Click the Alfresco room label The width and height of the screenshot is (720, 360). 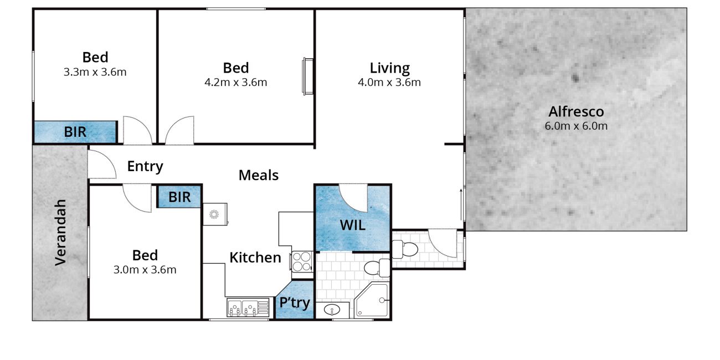point(576,112)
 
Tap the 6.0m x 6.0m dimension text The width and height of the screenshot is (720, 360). point(576,126)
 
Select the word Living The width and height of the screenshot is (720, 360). point(389,68)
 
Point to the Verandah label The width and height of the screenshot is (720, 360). point(60,233)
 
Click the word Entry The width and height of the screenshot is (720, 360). point(145,167)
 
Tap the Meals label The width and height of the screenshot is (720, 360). point(259,175)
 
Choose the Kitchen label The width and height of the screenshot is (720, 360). point(255,258)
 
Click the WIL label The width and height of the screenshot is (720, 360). point(353,225)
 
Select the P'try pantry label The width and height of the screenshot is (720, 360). point(295,302)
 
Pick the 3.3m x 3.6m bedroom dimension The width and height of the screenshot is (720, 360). point(95,72)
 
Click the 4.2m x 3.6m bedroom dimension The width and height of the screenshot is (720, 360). point(235,83)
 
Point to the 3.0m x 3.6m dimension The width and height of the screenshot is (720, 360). point(145,269)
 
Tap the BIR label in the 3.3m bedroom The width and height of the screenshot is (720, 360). point(75,132)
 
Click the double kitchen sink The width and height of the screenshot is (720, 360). point(248,307)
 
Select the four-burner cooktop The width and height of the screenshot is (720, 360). point(302,261)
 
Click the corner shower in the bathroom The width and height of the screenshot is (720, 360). point(372,300)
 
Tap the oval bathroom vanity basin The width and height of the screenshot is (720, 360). point(332,310)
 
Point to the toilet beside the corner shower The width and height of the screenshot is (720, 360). point(377,268)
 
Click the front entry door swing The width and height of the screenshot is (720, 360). point(102,164)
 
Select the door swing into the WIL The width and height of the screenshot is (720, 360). point(353,198)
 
